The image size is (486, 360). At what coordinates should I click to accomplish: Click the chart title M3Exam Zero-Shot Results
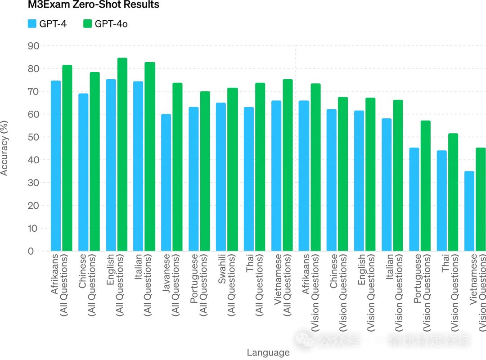[x=93, y=5]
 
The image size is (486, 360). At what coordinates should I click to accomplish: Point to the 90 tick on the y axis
[x=33, y=46]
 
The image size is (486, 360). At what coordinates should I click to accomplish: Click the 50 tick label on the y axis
[x=33, y=137]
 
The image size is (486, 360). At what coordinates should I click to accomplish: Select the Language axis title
[x=268, y=352]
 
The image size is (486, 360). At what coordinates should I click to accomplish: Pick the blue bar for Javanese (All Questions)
[x=166, y=183]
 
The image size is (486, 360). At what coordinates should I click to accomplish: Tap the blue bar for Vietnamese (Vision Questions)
[x=469, y=211]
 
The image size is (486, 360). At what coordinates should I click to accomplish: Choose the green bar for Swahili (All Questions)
[x=233, y=169]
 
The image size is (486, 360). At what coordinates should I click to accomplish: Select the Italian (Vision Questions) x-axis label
[x=394, y=283]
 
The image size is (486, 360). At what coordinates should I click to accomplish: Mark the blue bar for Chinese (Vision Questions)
[x=332, y=180]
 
